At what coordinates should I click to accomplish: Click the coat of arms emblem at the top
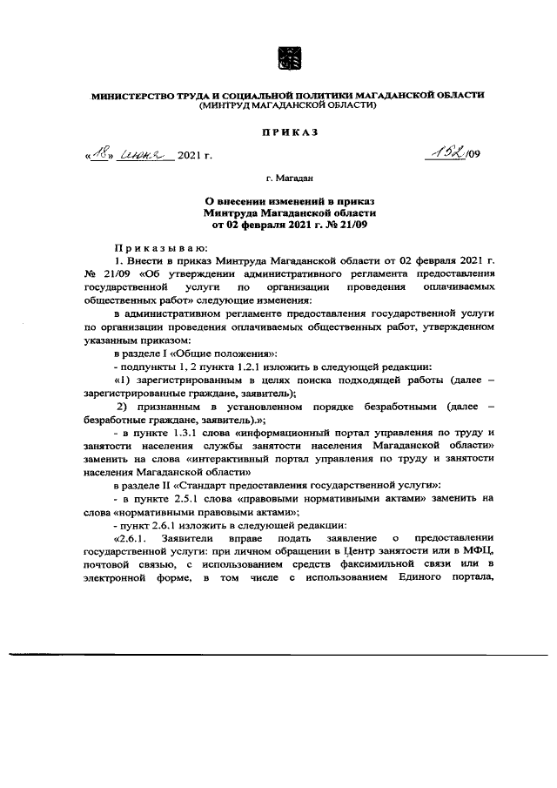(287, 60)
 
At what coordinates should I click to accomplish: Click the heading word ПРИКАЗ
(287, 131)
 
